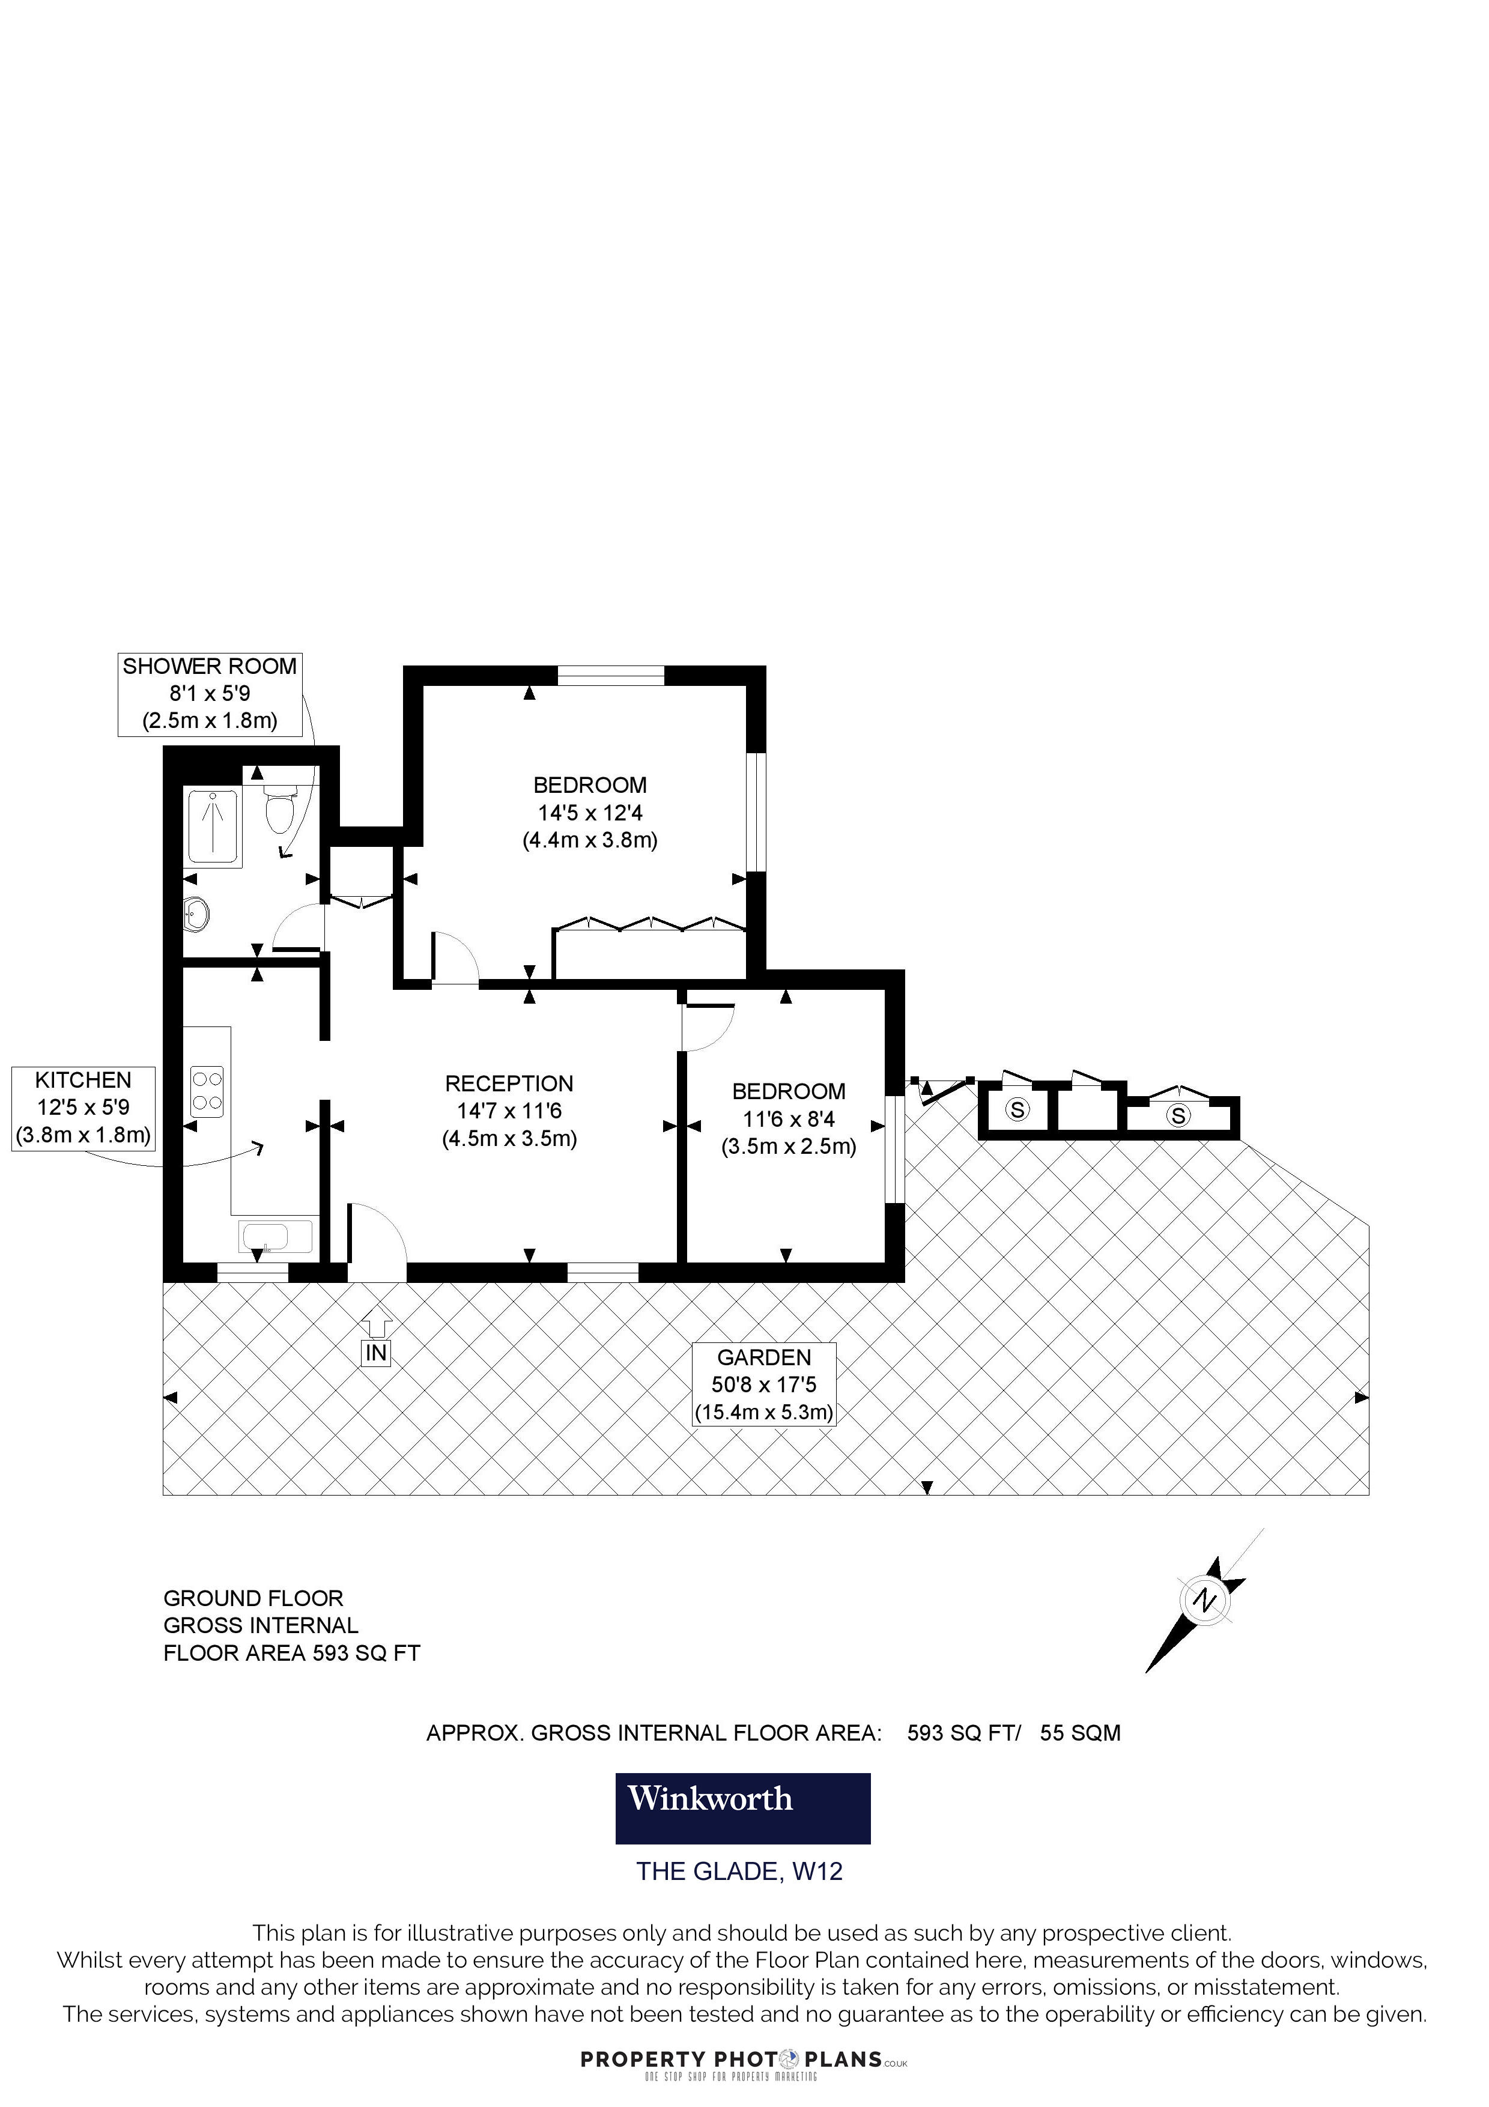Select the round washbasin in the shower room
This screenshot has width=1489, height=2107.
tap(197, 912)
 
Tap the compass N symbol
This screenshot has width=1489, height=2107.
tap(1204, 1601)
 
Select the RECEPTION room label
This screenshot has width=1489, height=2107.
tap(509, 1084)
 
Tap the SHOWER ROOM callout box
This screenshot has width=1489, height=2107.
tap(210, 694)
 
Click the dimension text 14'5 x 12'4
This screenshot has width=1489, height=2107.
tap(590, 812)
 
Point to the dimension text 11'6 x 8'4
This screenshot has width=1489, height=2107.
tap(788, 1118)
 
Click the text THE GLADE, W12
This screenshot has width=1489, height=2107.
tap(739, 1872)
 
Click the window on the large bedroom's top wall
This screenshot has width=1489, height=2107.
tap(610, 676)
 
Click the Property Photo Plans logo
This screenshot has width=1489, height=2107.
tap(743, 2062)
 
